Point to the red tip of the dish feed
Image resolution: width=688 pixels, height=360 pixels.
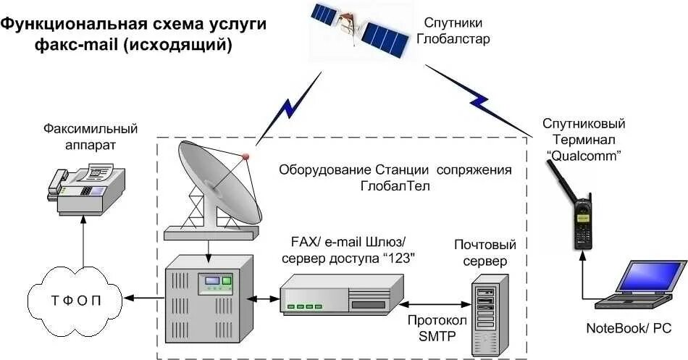[x=246, y=155]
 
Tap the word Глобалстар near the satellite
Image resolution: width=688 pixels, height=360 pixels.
[x=453, y=38]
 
